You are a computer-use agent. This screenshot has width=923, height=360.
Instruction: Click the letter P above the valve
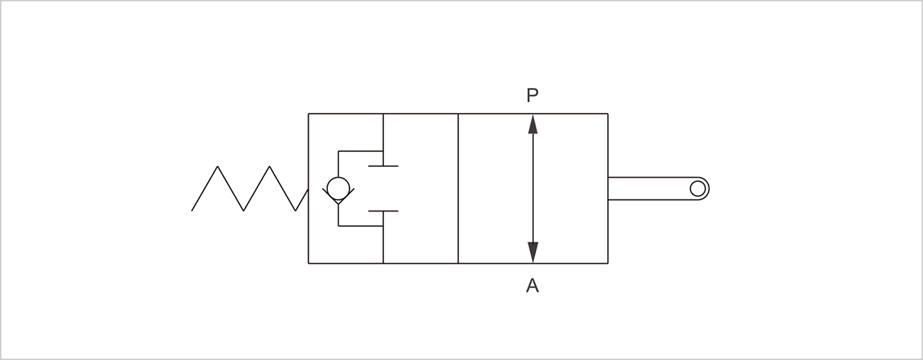point(532,96)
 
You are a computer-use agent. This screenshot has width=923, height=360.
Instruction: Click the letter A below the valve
point(532,286)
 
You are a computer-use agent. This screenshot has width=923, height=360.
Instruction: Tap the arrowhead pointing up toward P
point(533,124)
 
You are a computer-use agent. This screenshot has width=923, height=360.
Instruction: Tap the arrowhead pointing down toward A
point(533,252)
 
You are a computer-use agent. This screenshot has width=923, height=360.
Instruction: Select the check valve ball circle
point(338,188)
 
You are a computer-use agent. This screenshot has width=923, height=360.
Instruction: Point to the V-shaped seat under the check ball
point(338,199)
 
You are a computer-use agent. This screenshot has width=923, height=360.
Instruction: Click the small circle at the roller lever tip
point(698,188)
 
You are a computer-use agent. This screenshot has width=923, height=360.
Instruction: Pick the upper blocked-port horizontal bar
point(383,165)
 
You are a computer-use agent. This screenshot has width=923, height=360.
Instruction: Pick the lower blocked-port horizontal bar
point(383,211)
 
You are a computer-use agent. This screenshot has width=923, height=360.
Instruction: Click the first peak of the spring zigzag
point(218,167)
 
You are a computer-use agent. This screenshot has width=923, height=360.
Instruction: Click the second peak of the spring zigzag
point(270,167)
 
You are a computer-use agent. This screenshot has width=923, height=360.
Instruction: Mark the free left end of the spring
point(192,210)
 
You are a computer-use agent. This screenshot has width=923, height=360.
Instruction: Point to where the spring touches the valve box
point(307,190)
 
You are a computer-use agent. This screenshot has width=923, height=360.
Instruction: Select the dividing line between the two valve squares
point(458,188)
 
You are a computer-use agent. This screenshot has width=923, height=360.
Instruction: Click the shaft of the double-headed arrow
point(533,188)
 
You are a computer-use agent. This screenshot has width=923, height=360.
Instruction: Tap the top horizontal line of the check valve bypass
point(360,151)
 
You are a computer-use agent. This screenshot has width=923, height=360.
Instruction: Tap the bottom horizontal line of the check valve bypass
point(360,226)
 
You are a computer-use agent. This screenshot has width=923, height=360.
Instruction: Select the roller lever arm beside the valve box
point(650,188)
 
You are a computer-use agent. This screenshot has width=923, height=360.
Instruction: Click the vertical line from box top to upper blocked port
point(383,138)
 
